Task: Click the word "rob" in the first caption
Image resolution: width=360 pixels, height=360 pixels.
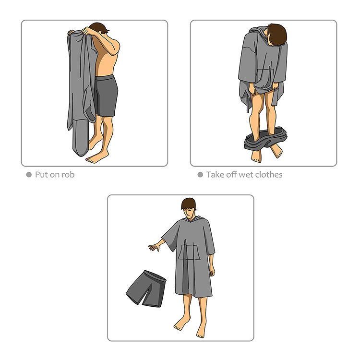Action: [x=68, y=175]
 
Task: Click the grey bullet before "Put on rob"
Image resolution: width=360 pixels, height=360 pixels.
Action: [x=29, y=175]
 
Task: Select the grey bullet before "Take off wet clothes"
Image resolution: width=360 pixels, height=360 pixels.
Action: [x=200, y=175]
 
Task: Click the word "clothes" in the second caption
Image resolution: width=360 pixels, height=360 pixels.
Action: [x=267, y=175]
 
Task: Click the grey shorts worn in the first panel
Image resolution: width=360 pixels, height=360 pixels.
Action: [x=106, y=96]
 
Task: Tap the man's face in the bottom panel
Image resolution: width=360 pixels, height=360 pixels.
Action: [x=189, y=210]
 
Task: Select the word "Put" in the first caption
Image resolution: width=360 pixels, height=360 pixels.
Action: [x=42, y=175]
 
